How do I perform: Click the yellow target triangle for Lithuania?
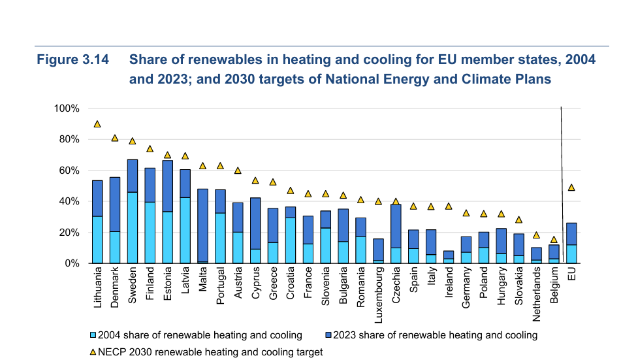[97, 124]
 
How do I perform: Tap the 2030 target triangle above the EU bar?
[571, 188]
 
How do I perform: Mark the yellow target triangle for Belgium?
[554, 240]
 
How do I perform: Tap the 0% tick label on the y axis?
[71, 263]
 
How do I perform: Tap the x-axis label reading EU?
[571, 275]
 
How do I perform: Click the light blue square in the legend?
[92, 335]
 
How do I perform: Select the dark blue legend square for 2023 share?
[327, 335]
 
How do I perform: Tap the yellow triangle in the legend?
[92, 352]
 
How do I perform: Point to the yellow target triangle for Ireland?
[449, 206]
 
